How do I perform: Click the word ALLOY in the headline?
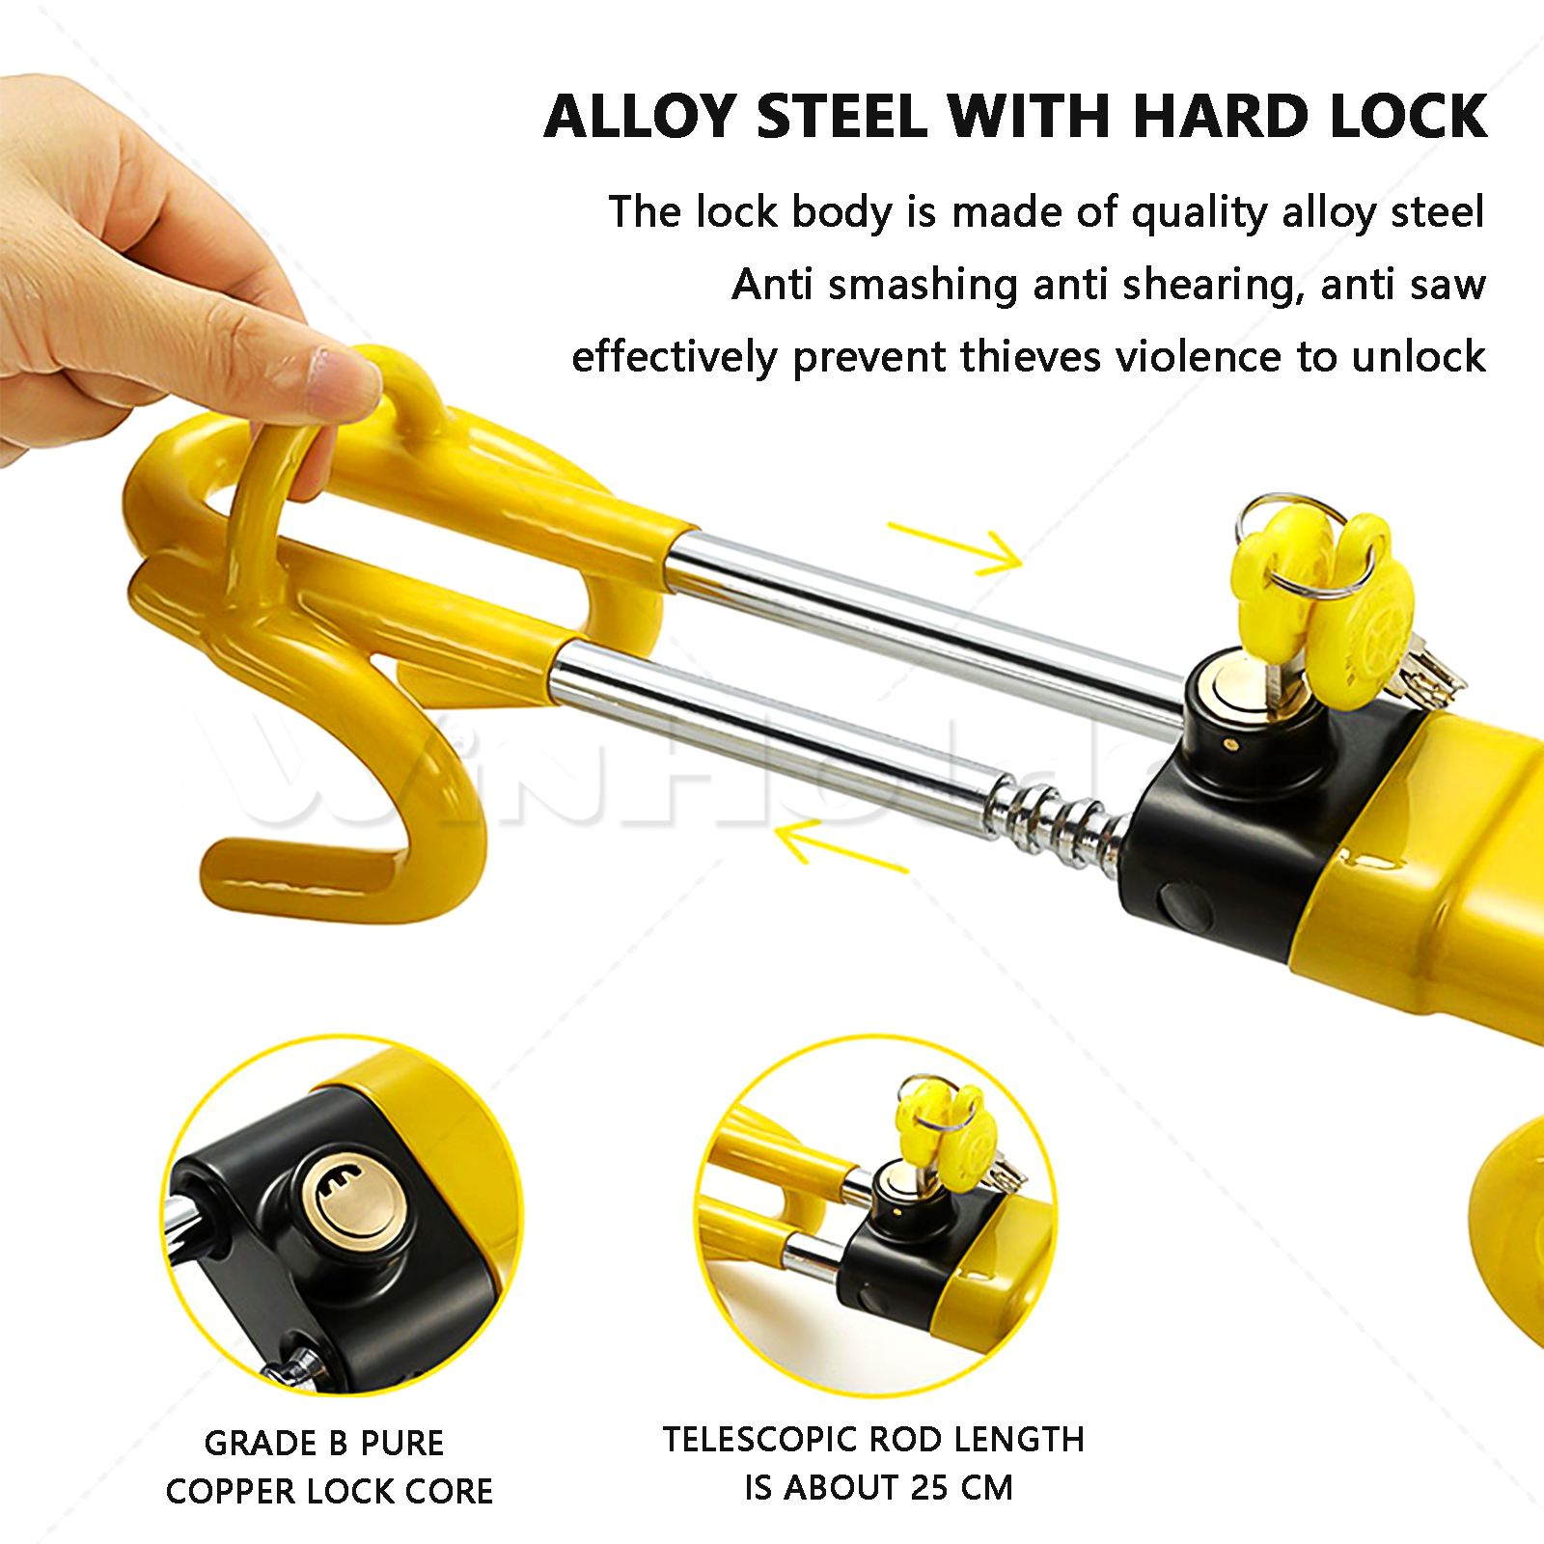pos(642,117)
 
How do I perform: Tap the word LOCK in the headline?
pos(1408,117)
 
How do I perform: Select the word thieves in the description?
pos(1031,357)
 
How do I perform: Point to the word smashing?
pos(923,286)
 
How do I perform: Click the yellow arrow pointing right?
pos(954,547)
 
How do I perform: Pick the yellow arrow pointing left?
pos(842,845)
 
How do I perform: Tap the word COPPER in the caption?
pos(230,1492)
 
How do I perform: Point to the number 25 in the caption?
pos(928,1488)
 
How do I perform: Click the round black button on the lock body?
pos(1184,908)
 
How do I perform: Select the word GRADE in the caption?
pos(261,1444)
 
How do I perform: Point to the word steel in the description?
pos(1437,212)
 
